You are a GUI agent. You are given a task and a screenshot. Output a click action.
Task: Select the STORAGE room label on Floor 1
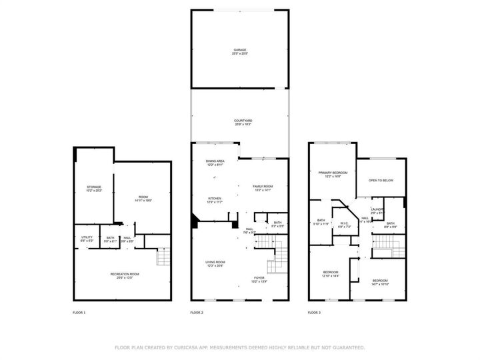point(93,188)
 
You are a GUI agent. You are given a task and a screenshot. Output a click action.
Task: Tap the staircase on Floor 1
point(163,257)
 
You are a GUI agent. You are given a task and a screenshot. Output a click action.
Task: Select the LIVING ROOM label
point(215,263)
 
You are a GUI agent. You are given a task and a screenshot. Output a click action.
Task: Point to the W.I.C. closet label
point(345,225)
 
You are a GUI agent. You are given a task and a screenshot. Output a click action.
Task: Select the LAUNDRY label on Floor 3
point(377,211)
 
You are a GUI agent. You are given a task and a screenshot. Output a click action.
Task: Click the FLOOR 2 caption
point(197,313)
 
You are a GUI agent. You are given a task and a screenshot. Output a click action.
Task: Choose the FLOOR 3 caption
point(314,313)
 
